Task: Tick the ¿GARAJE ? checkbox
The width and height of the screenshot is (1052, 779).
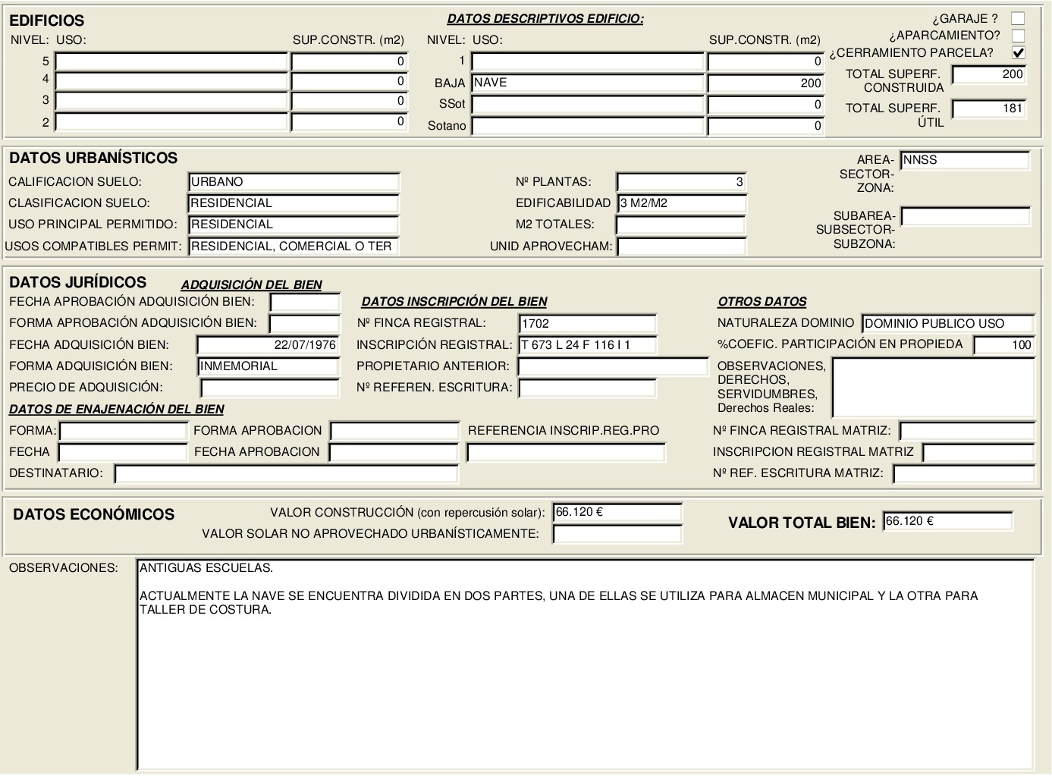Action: pos(1018,18)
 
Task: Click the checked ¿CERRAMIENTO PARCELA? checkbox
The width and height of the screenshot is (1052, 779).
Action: pos(1018,52)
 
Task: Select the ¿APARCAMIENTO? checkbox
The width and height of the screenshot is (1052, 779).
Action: pos(1018,36)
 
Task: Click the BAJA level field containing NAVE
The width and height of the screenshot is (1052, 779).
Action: pos(588,83)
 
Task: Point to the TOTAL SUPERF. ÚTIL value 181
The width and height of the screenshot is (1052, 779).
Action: pos(989,108)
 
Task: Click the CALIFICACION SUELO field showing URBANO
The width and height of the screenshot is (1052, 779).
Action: pos(294,182)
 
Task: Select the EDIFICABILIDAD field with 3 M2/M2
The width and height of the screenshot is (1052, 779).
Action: pos(682,203)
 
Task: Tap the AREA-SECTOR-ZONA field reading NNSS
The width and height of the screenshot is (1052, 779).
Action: pos(965,160)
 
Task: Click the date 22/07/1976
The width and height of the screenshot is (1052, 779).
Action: pos(268,345)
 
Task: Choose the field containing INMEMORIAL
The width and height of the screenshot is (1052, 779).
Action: pos(268,366)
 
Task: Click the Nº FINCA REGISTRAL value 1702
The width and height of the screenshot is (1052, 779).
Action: pos(587,323)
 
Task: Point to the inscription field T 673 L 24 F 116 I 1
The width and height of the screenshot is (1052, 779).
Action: pos(587,345)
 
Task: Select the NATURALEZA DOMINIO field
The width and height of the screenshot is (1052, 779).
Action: pos(948,324)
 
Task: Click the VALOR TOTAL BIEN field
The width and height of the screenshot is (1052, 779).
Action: pos(947,522)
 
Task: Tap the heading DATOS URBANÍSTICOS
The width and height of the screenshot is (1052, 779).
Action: pos(93,158)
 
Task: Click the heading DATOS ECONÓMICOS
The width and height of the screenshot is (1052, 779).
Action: pos(94,514)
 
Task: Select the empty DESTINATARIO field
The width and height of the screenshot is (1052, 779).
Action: pos(286,474)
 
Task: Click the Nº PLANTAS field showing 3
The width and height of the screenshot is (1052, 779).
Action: pos(681,182)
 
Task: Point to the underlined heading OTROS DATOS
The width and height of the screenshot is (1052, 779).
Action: pos(762,302)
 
